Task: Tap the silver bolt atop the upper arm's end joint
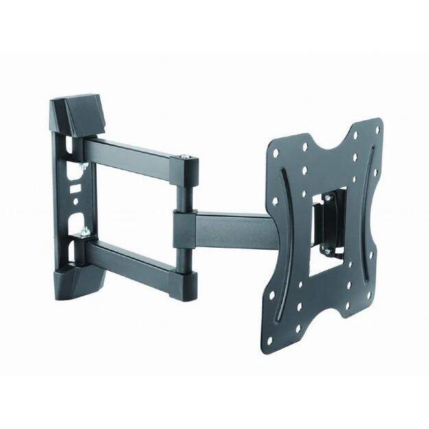[186, 161]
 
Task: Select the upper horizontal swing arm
[134, 154]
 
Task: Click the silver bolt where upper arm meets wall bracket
[83, 167]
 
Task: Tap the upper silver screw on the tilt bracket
[328, 199]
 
